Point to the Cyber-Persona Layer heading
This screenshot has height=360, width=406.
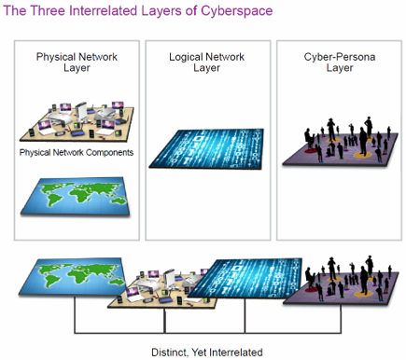click(x=331, y=62)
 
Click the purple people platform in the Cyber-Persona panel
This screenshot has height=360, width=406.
click(x=334, y=149)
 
